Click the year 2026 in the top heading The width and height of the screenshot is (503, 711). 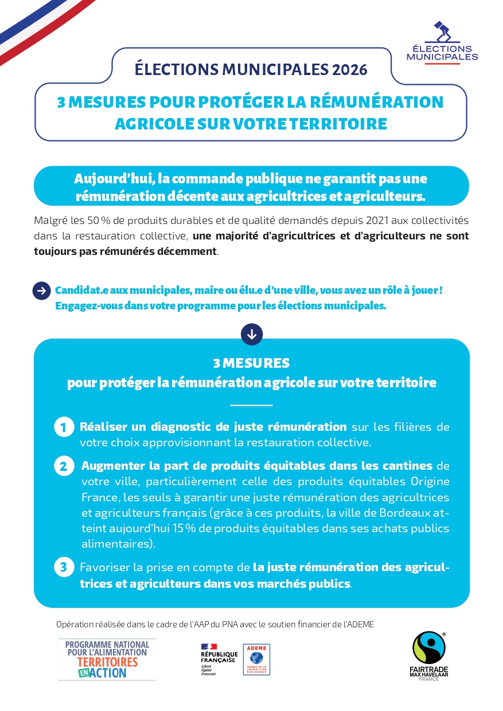coord(349,69)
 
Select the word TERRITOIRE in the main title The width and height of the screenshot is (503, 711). coord(338,124)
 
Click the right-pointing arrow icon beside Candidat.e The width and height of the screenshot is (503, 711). coord(41,290)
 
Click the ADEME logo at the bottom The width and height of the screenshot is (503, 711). coord(256,659)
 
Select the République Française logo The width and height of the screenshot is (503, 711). coord(219,659)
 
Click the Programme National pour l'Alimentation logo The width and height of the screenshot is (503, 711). coord(107,659)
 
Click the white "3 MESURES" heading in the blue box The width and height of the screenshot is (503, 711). coord(251,363)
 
